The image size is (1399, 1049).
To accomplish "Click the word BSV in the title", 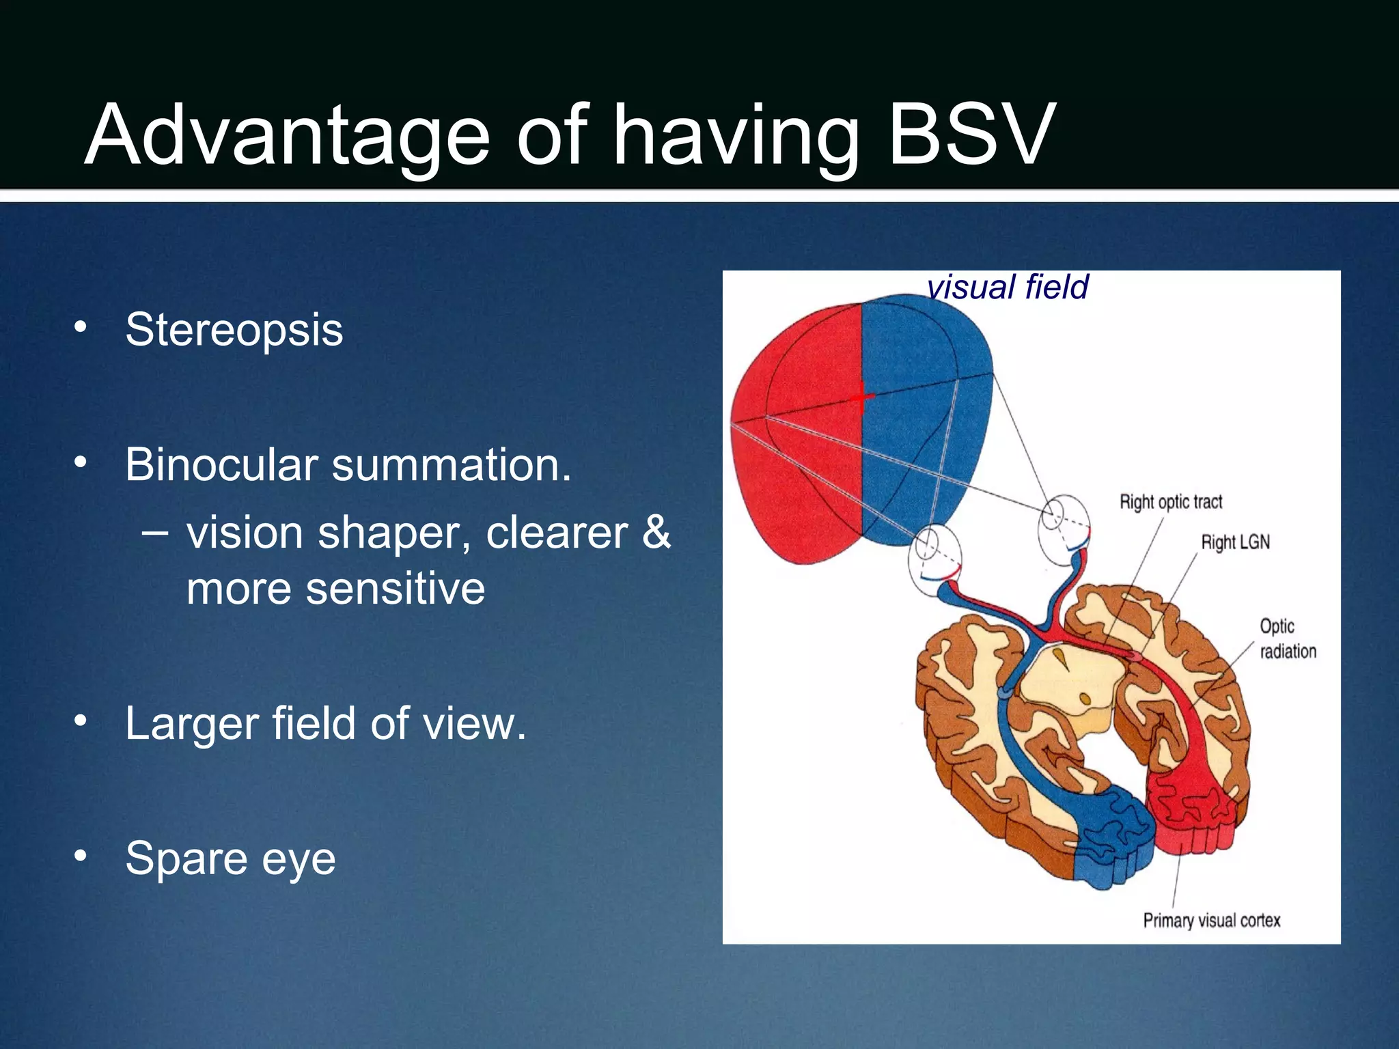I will point(970,135).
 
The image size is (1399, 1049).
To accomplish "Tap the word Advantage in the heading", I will point(287,135).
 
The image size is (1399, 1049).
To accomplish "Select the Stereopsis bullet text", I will point(234,330).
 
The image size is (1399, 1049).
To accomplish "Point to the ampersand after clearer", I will point(656,532).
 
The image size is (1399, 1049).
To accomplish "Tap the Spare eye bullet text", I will point(230,858).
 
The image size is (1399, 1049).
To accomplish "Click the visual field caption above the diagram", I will point(1007,287).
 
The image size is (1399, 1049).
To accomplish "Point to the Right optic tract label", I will point(1170,502).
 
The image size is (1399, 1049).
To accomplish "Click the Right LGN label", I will point(1235,542).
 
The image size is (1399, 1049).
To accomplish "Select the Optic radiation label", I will point(1287,639).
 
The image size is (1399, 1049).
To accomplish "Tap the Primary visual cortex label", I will point(1211,921).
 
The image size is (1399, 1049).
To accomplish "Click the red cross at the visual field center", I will point(862,397).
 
